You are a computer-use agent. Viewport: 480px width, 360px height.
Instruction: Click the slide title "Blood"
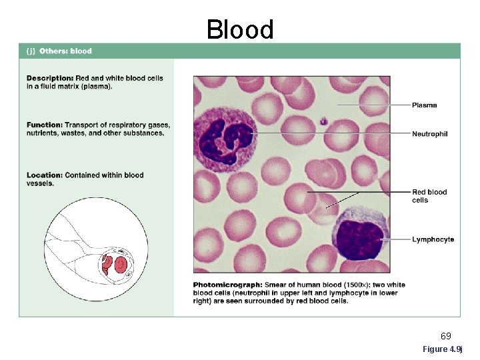pyautogui.click(x=240, y=29)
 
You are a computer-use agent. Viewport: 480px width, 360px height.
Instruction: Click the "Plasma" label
pyautogui.click(x=425, y=105)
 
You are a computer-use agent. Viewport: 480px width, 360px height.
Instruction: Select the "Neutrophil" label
pyautogui.click(x=429, y=134)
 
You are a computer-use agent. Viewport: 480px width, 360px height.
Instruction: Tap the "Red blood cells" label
pyautogui.click(x=429, y=196)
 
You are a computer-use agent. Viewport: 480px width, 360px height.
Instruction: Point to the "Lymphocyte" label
pyautogui.click(x=433, y=239)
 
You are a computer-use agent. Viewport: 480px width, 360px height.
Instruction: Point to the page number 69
pyautogui.click(x=446, y=336)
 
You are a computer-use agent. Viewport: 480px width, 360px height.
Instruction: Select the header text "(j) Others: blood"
pyautogui.click(x=59, y=51)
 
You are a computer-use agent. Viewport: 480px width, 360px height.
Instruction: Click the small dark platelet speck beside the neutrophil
pyautogui.click(x=323, y=121)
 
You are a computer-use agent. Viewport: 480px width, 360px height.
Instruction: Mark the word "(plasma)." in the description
pyautogui.click(x=96, y=86)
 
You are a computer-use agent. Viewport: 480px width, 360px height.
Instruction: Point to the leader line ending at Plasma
pyautogui.click(x=373, y=105)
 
